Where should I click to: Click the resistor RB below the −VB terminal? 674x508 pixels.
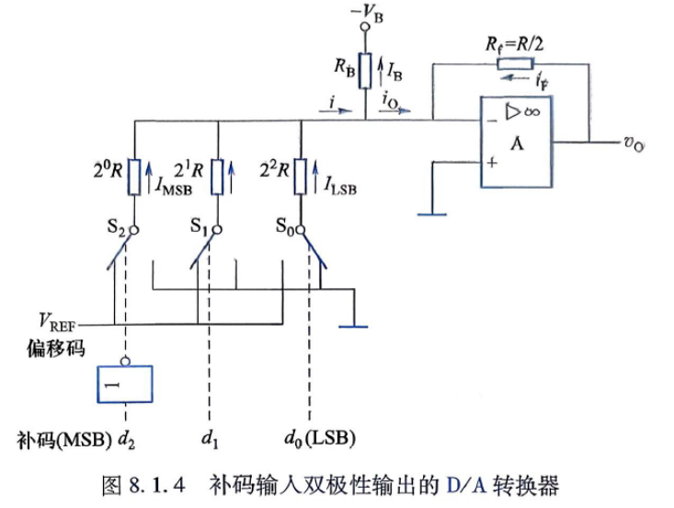tap(365, 71)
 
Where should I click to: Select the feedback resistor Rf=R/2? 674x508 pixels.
tap(516, 64)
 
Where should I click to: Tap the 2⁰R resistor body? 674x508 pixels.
tap(135, 177)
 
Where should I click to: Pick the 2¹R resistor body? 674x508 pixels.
tap(218, 177)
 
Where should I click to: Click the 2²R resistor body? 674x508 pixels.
tap(301, 177)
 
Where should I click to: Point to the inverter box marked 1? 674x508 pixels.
tap(125, 384)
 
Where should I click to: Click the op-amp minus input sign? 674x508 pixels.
tap(492, 121)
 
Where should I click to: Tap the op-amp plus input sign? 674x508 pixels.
tap(492, 163)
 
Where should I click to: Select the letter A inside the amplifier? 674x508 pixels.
tap(517, 144)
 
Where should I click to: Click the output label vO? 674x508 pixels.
tap(634, 144)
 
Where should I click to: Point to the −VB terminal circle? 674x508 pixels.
tap(365, 27)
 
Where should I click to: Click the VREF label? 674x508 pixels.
tap(57, 322)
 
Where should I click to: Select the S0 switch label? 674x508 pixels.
tap(285, 226)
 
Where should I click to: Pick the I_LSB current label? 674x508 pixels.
tap(340, 186)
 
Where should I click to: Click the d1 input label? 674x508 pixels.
tap(210, 440)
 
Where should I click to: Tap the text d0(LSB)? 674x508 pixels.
tap(320, 439)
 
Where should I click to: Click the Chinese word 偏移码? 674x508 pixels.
tap(56, 348)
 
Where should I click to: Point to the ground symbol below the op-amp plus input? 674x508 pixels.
tap(432, 214)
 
